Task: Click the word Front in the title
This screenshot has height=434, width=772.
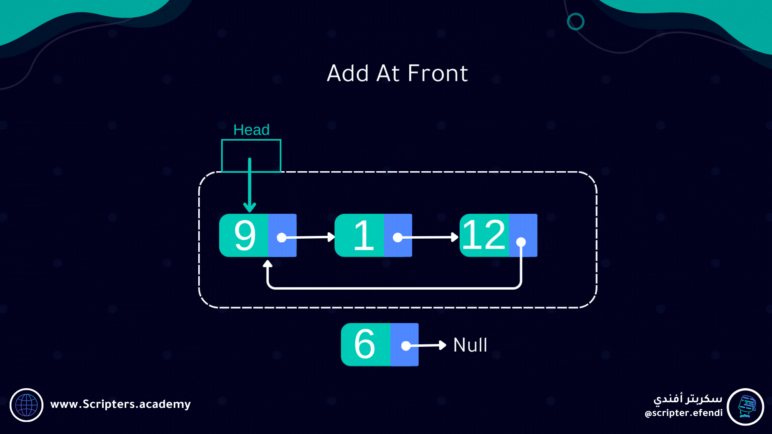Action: click(438, 74)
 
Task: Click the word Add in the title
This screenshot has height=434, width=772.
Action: click(348, 74)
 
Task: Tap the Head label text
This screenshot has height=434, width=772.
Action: click(251, 130)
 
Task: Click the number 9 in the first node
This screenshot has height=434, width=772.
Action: click(244, 235)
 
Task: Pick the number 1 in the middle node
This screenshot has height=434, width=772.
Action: click(363, 235)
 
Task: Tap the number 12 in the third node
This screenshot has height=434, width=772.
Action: click(484, 235)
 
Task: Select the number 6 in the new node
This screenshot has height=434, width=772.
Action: click(365, 344)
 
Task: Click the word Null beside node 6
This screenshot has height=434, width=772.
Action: click(470, 345)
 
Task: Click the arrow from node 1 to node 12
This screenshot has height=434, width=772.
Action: click(428, 237)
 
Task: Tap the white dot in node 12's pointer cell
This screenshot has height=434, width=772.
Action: click(521, 242)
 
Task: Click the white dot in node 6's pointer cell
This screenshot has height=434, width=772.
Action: click(406, 346)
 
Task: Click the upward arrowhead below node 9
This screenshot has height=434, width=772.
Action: click(267, 264)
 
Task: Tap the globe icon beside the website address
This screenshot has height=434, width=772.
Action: click(27, 405)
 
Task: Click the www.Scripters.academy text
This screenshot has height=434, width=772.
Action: click(120, 404)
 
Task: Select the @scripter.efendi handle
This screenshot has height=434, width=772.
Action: click(684, 413)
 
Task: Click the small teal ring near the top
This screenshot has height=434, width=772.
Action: click(575, 21)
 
